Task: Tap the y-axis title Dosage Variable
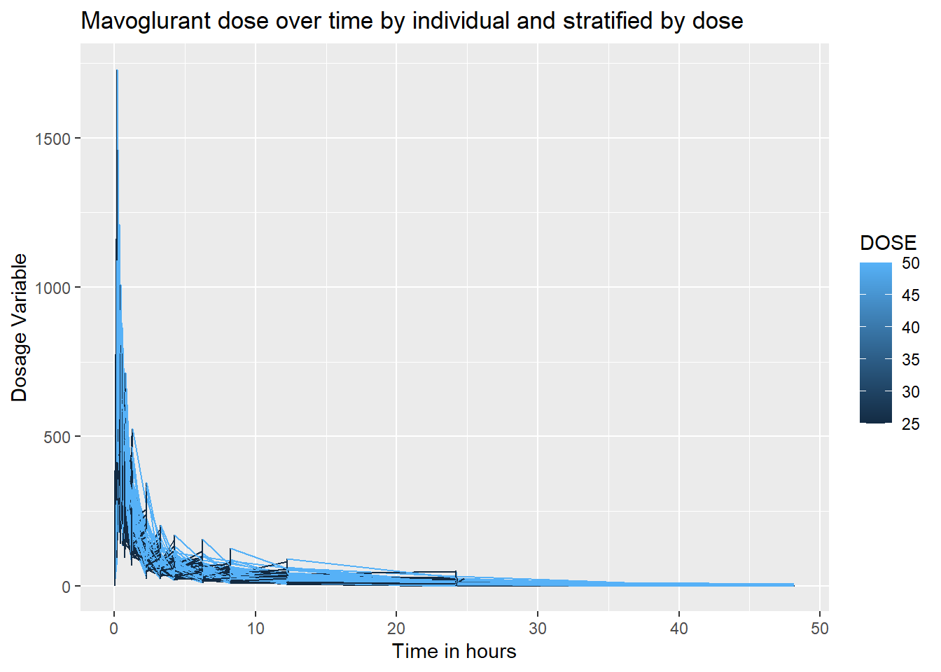coord(20,328)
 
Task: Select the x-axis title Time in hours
coord(454,651)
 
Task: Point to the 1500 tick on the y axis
coord(53,139)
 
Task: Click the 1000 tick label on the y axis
coord(53,288)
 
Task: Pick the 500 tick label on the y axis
coord(57,437)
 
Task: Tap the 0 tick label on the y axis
coord(67,587)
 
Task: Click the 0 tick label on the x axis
coord(114,629)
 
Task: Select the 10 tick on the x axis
coord(256,629)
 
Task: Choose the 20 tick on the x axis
coord(396,629)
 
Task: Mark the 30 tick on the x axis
coord(538,629)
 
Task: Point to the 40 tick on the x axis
coord(678,629)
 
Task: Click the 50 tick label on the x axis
coord(820,629)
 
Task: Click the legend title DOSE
coord(888,243)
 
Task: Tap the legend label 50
coord(910,263)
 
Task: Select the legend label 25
coord(910,423)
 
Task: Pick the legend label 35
coord(910,360)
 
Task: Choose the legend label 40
coord(910,328)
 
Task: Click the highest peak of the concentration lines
coord(117,71)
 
